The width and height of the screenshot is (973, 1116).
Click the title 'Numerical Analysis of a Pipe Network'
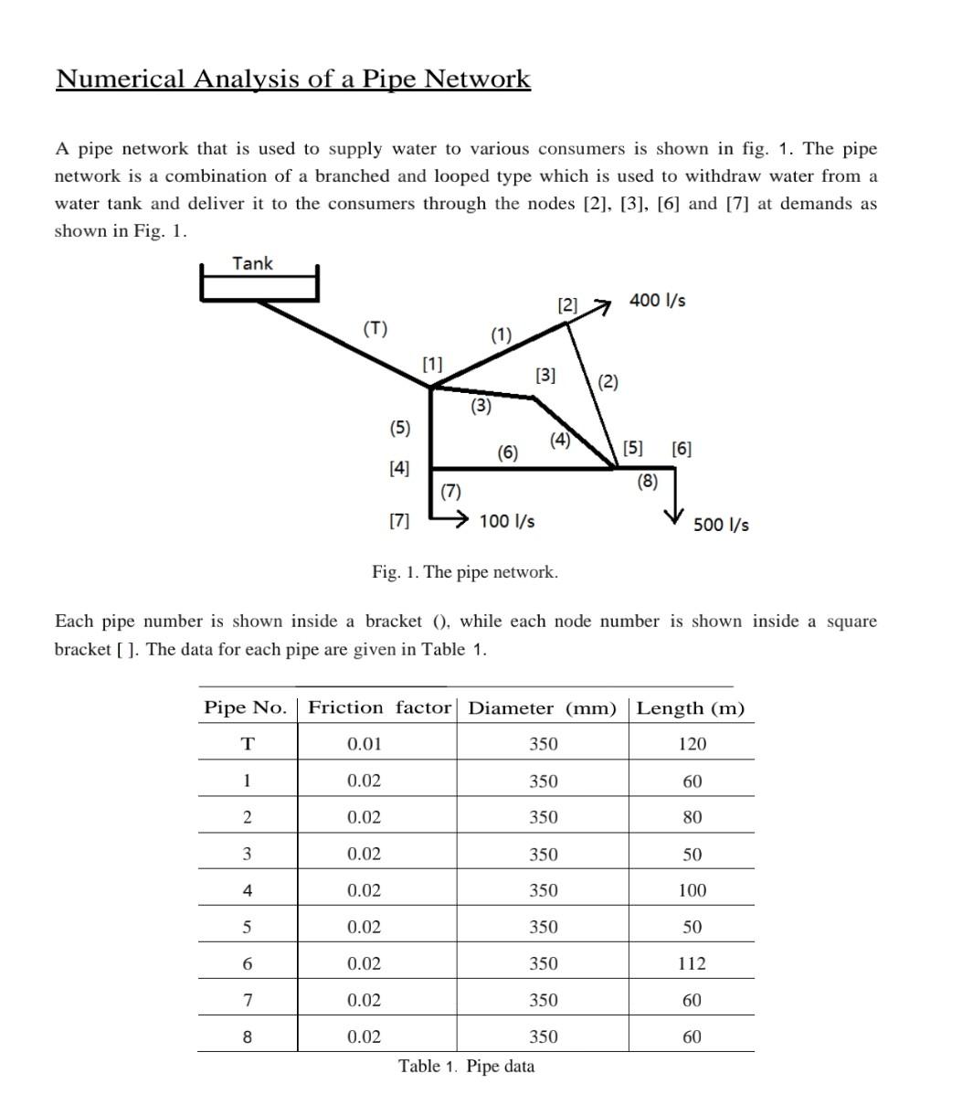[292, 79]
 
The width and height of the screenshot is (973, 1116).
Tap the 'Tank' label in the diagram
[252, 263]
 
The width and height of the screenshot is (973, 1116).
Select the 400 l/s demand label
[658, 300]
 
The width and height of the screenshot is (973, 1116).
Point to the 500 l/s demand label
[721, 525]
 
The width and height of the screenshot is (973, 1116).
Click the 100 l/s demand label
[507, 521]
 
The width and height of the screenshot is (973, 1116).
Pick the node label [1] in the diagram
[432, 364]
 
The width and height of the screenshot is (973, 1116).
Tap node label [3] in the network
[545, 375]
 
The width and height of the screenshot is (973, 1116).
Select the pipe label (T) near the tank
[375, 328]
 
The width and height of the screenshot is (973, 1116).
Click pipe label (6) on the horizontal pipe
[508, 452]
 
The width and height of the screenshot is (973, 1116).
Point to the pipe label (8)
[647, 481]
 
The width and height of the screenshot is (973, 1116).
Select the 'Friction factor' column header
[379, 707]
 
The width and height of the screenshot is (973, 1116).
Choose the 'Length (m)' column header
[691, 708]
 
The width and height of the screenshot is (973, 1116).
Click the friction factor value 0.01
[365, 744]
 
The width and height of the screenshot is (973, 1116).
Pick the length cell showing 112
[693, 963]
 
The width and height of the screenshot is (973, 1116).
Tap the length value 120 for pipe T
[693, 744]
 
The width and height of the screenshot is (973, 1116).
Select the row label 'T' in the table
[247, 744]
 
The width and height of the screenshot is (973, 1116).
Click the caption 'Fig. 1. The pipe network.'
[465, 572]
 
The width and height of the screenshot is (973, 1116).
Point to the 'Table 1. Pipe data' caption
[467, 1066]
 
